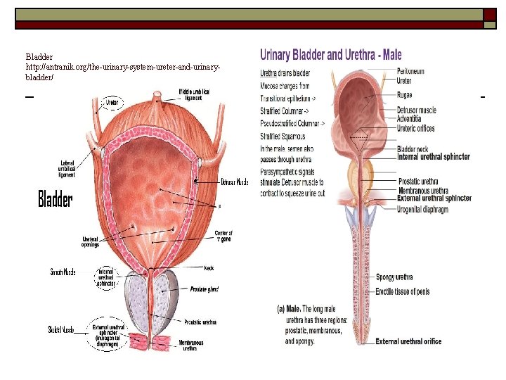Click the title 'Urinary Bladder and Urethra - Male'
[331, 55]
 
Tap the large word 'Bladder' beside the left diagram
[55, 200]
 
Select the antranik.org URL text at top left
[124, 67]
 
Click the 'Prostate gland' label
[203, 289]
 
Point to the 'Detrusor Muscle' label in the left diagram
[233, 182]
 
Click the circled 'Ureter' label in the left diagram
[112, 103]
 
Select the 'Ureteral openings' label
[91, 241]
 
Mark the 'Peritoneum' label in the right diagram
[410, 71]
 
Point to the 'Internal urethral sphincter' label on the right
[434, 157]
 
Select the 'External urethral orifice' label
[408, 341]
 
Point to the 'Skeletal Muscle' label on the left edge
[63, 329]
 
